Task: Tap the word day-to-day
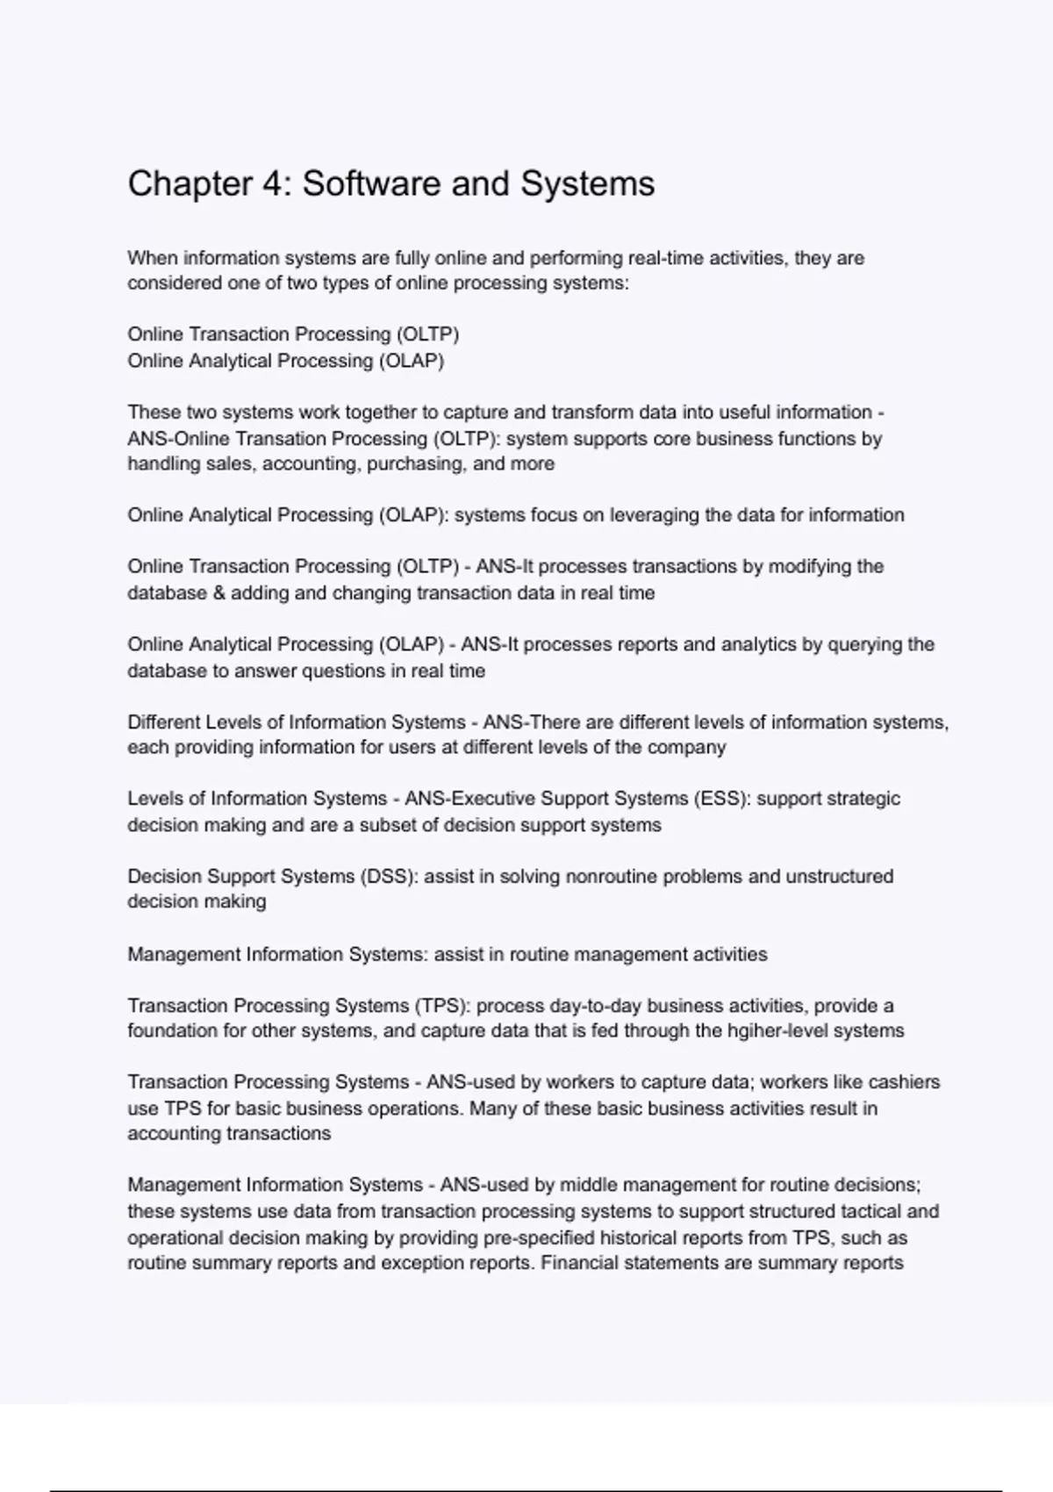pos(595,1005)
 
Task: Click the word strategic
pos(864,799)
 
